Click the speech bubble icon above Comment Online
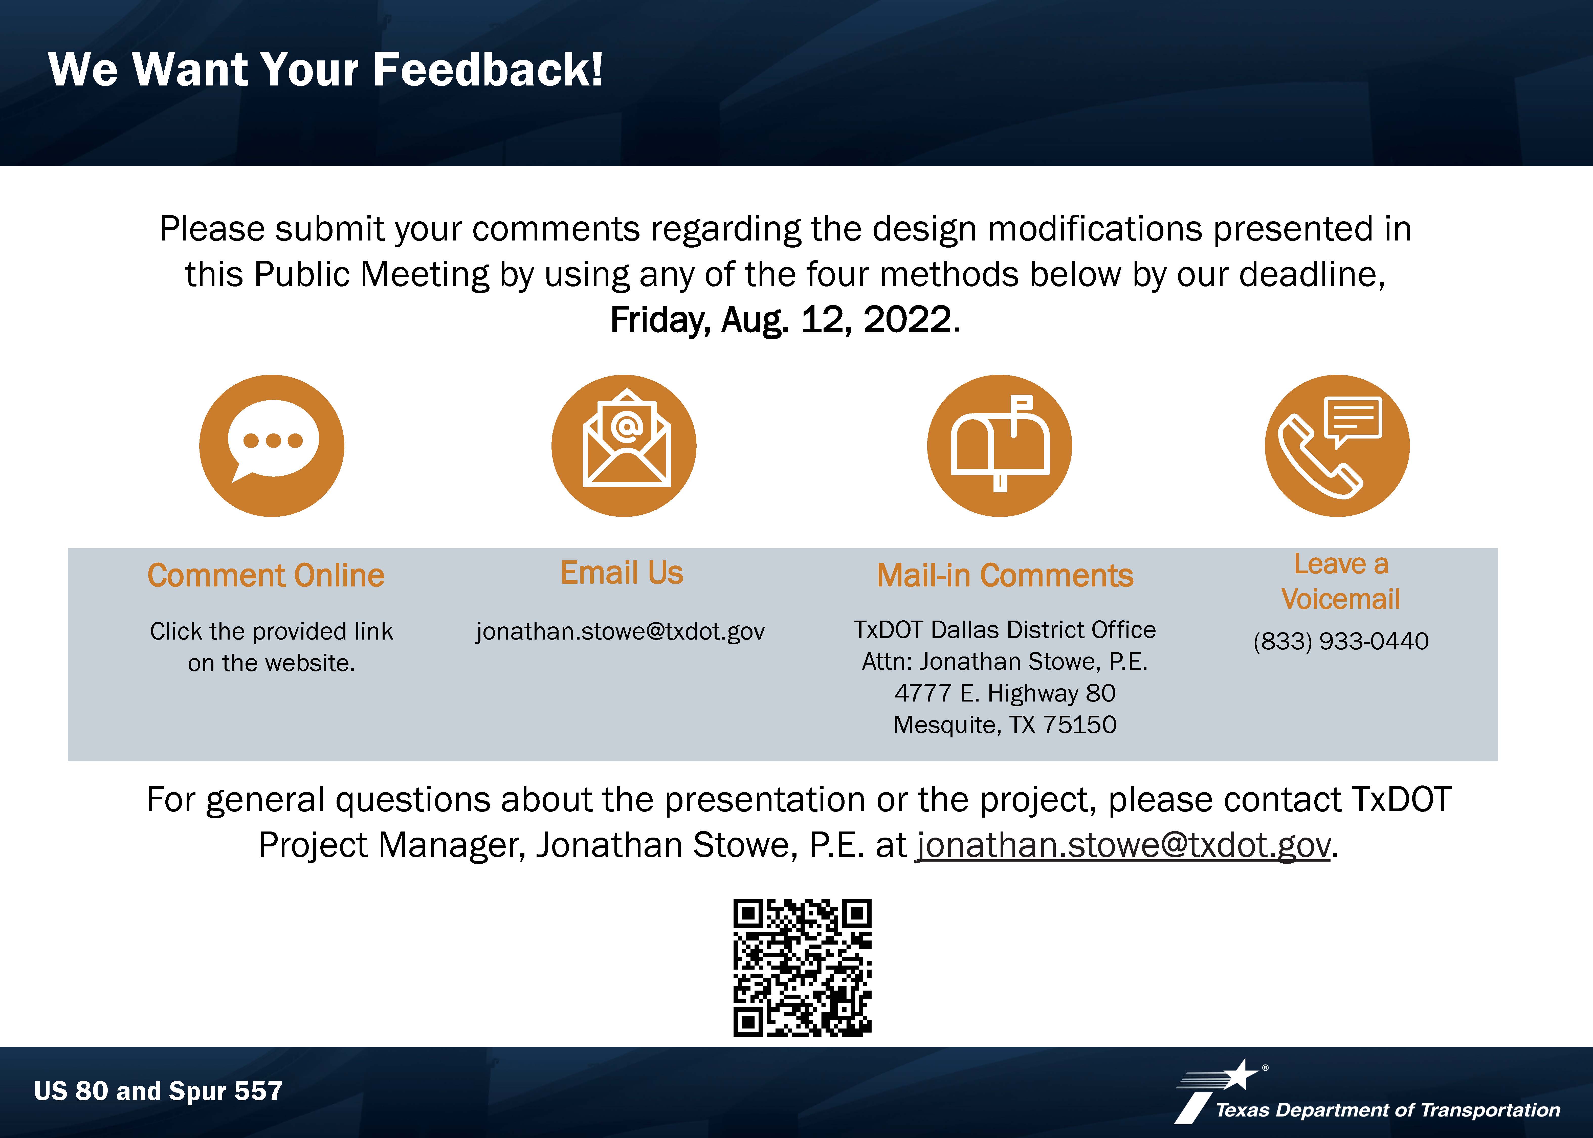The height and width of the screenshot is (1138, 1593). [x=272, y=446]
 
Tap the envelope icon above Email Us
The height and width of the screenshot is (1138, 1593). [x=624, y=446]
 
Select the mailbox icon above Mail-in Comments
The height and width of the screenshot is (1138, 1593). [x=1000, y=446]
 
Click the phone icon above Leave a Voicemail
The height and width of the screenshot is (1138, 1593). [x=1337, y=446]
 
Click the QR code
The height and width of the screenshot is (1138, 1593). [x=802, y=967]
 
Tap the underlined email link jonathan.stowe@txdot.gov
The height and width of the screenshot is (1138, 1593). [x=1124, y=845]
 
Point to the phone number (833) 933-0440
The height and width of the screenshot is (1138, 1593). [x=1341, y=641]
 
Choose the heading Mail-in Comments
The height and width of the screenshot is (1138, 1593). [x=1005, y=575]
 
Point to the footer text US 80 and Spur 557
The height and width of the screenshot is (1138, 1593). [x=158, y=1091]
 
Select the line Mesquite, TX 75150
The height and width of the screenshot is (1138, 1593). [x=1005, y=725]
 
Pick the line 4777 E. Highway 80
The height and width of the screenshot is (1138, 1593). [x=1005, y=693]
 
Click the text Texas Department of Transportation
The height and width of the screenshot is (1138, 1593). [x=1388, y=1110]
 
